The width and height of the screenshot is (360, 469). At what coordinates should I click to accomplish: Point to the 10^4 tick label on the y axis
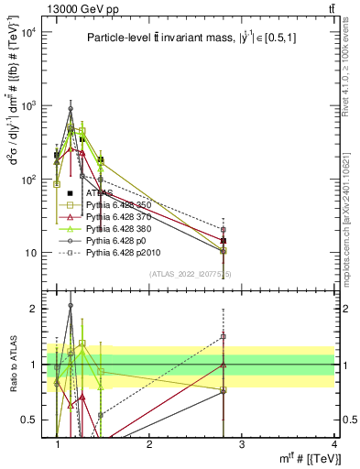point(29,33)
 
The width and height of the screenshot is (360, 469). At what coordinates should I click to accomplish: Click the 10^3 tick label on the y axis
point(29,106)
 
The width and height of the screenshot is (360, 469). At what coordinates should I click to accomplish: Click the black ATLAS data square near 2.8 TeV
point(224,241)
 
